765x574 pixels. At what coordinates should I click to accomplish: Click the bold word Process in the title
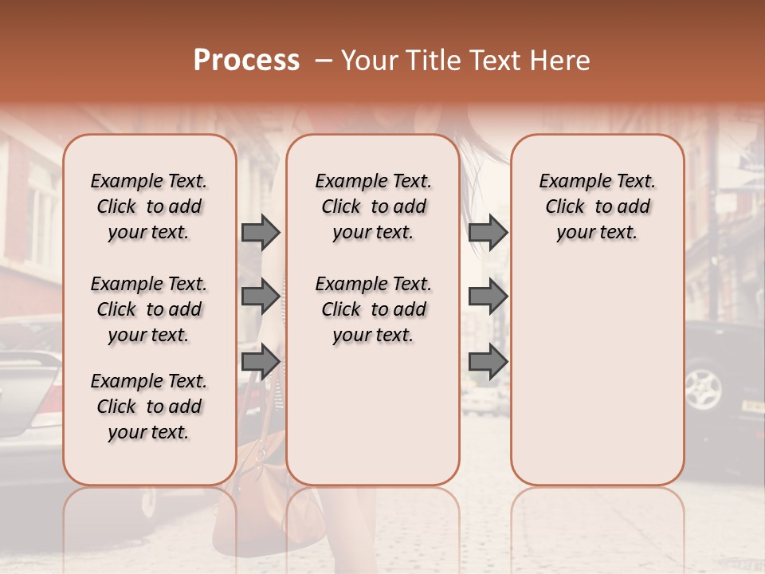pyautogui.click(x=246, y=61)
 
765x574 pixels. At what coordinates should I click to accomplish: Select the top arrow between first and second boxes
pyautogui.click(x=261, y=232)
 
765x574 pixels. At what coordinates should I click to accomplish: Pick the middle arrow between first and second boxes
pyautogui.click(x=261, y=297)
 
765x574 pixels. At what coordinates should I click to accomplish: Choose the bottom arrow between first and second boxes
pyautogui.click(x=261, y=362)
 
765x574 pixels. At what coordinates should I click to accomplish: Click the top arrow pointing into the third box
pyautogui.click(x=488, y=232)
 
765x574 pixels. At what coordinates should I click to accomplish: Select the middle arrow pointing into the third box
pyautogui.click(x=488, y=297)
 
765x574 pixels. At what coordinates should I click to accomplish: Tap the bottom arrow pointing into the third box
pyautogui.click(x=488, y=362)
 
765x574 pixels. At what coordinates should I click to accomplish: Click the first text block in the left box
pyautogui.click(x=149, y=206)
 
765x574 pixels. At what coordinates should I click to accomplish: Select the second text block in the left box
pyautogui.click(x=149, y=309)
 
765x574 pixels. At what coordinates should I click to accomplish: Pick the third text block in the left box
pyautogui.click(x=149, y=407)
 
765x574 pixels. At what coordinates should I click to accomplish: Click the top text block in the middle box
pyautogui.click(x=373, y=206)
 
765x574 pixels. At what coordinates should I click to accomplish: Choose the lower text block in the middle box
pyautogui.click(x=373, y=309)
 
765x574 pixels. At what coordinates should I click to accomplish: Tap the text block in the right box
pyautogui.click(x=597, y=206)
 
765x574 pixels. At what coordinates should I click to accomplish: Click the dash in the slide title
pyautogui.click(x=324, y=61)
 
